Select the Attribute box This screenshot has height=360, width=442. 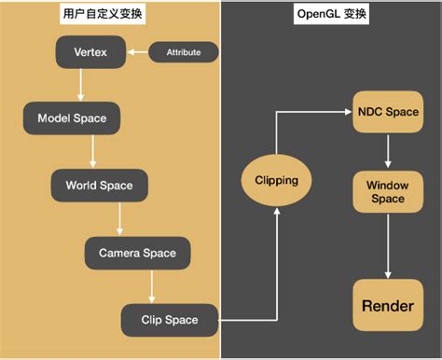(x=183, y=52)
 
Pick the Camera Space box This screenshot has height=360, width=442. (x=131, y=252)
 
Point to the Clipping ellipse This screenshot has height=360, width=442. (x=276, y=180)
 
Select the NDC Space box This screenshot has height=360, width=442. (x=387, y=112)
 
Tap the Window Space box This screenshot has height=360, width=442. (x=387, y=192)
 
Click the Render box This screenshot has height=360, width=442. (x=387, y=306)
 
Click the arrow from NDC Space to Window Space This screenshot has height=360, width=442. (x=387, y=149)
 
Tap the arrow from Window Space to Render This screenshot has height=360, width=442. (x=387, y=249)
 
